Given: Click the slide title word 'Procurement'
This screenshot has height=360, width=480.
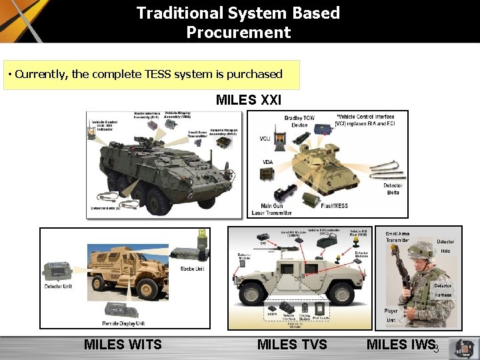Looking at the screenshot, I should (239, 32).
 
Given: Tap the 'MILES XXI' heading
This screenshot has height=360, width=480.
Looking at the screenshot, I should (249, 100).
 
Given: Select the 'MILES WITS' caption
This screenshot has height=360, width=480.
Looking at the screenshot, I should (123, 344).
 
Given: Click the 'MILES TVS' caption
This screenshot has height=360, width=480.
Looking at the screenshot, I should (292, 344).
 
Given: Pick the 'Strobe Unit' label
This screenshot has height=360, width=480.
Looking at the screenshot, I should (192, 269).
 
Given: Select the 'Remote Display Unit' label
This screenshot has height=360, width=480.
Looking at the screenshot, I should (123, 323).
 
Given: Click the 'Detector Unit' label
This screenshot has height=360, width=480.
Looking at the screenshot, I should (58, 286).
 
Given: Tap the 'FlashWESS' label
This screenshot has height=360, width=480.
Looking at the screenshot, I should (337, 206).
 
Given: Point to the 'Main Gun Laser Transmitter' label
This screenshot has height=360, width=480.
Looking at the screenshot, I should (271, 209).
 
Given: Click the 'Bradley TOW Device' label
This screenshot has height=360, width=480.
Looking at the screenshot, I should (299, 121).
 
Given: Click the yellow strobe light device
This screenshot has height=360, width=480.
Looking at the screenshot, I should (202, 237).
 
